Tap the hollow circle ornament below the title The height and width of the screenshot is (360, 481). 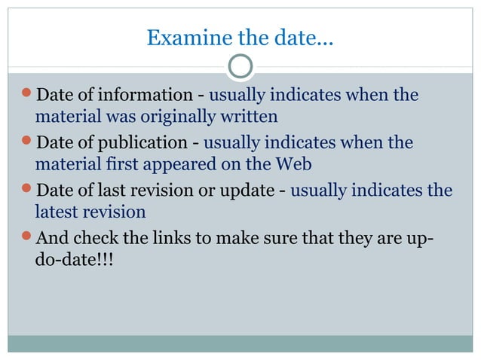(x=240, y=67)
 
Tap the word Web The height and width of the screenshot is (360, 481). (x=295, y=163)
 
